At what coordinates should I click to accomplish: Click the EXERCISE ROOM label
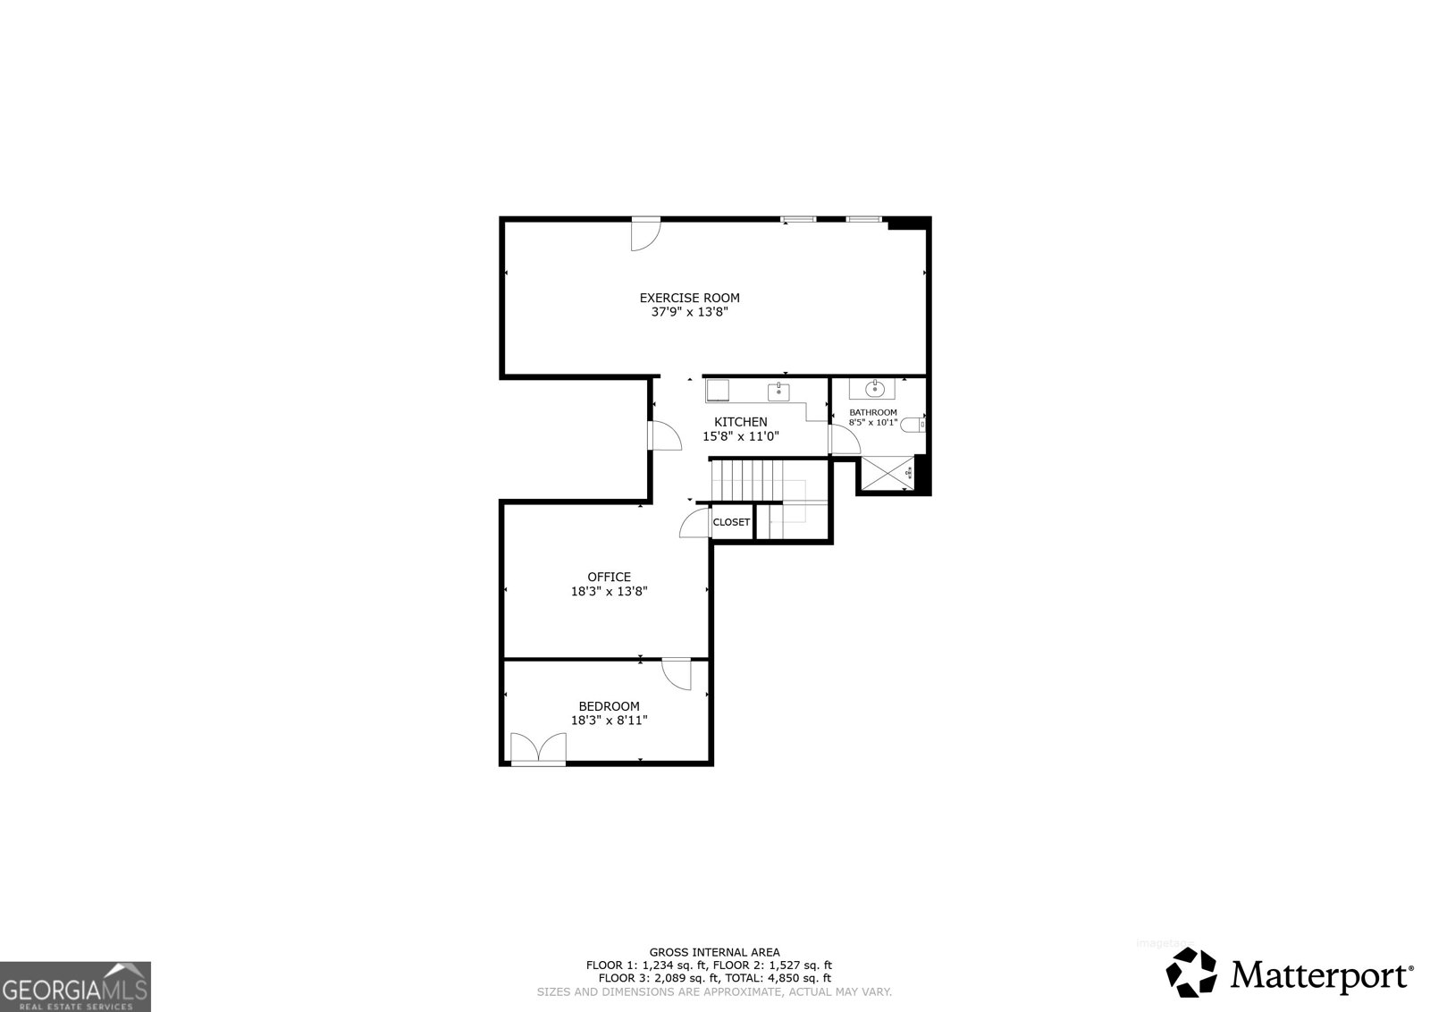(689, 298)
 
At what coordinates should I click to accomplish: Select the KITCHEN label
(740, 422)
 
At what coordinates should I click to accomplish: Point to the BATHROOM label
(873, 412)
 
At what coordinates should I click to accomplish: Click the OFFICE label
(609, 577)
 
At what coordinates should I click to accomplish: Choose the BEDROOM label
(609, 706)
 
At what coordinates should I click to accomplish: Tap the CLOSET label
(731, 522)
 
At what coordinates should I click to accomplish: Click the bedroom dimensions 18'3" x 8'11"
(609, 720)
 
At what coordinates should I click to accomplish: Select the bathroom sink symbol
(875, 389)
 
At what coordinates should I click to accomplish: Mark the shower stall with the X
(887, 474)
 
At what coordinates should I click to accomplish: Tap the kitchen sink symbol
(778, 391)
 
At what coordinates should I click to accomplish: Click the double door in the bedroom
(539, 748)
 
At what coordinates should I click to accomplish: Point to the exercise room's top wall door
(643, 235)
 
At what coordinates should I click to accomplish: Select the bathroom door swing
(843, 438)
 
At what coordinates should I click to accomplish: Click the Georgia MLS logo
(75, 986)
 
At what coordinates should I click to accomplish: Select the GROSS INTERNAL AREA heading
(714, 952)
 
